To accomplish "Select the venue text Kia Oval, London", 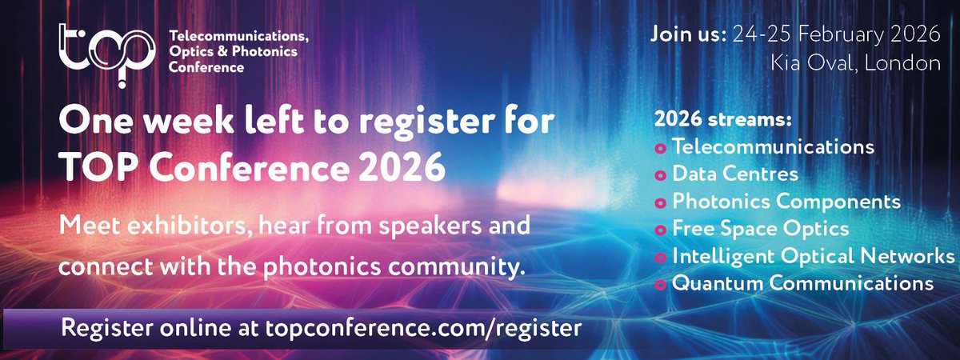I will point(855,64).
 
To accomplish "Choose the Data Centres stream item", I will point(735,174).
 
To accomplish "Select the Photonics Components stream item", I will point(786,201).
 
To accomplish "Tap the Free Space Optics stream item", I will point(760,228).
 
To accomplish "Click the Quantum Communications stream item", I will point(802,283).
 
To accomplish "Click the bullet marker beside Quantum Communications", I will point(661,285).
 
